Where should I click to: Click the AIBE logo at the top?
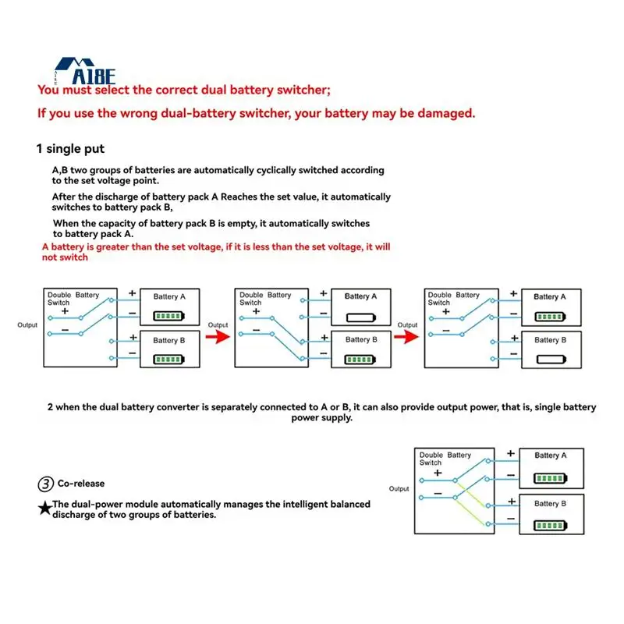point(87,72)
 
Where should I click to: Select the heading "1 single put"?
point(70,149)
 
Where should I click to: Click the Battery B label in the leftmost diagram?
point(169,340)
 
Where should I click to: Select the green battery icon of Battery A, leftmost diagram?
point(168,317)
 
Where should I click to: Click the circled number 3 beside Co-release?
point(46,484)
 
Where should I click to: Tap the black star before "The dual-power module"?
point(45,508)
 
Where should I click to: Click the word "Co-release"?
point(81,484)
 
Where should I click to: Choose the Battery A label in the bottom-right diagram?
point(551,456)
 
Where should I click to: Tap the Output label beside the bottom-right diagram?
point(399,489)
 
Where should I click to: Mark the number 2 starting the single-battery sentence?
point(51,407)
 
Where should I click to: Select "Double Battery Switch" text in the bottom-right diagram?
point(445,459)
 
